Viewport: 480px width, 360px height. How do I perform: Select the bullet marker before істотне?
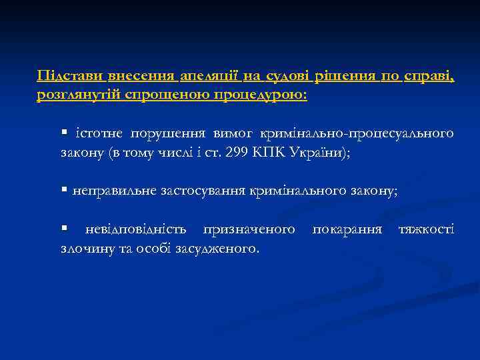click(x=64, y=133)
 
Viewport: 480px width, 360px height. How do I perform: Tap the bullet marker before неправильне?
click(x=64, y=190)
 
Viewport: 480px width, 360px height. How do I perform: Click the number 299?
click(x=238, y=152)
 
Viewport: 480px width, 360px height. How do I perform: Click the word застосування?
click(x=203, y=191)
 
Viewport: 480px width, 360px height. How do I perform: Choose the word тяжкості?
click(x=427, y=229)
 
